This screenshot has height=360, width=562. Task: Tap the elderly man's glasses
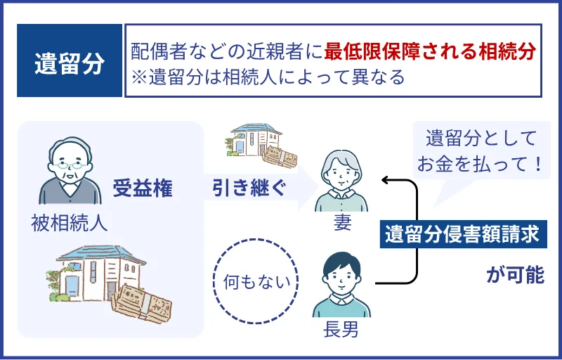69,167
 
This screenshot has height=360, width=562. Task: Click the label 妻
342,224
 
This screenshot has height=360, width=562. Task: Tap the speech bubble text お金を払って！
480,165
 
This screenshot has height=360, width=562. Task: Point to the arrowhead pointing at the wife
385,181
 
